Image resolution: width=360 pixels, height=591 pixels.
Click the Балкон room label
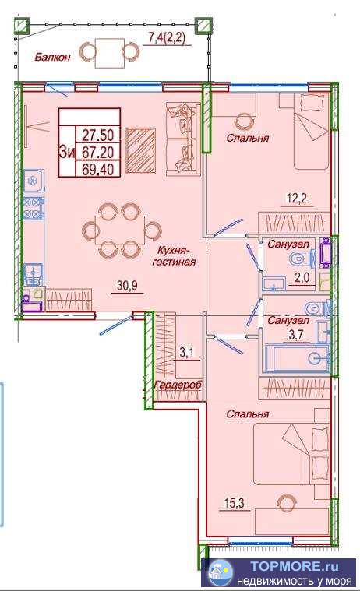pyautogui.click(x=52, y=57)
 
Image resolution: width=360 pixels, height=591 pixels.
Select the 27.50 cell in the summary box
pyautogui.click(x=98, y=135)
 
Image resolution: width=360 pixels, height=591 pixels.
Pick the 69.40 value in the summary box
pyautogui.click(x=98, y=169)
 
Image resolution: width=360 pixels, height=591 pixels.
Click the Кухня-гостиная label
pyautogui.click(x=174, y=255)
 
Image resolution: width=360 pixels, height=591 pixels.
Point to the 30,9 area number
pyautogui.click(x=127, y=286)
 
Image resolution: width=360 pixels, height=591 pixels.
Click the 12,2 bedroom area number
pyautogui.click(x=297, y=199)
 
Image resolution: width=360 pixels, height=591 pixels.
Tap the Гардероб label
pyautogui.click(x=178, y=385)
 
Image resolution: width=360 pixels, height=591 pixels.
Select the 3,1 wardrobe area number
pyautogui.click(x=186, y=353)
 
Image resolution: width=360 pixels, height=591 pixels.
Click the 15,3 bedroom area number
pyautogui.click(x=235, y=503)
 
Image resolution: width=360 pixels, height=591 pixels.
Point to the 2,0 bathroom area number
pyautogui.click(x=302, y=278)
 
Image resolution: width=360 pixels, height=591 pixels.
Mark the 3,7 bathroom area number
pyautogui.click(x=296, y=335)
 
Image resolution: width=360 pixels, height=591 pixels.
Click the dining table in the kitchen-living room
pyautogui.click(x=120, y=230)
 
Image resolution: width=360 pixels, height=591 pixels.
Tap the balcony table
pyautogui.click(x=109, y=53)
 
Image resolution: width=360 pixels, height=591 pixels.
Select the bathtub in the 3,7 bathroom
pyautogui.click(x=297, y=357)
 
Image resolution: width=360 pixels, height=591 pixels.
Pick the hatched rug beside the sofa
pyautogui.click(x=141, y=151)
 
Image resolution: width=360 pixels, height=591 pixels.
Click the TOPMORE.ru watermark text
pyautogui.click(x=295, y=566)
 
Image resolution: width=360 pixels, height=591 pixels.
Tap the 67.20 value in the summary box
pyautogui.click(x=98, y=152)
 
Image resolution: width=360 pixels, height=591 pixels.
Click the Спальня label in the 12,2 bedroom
pyautogui.click(x=248, y=138)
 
